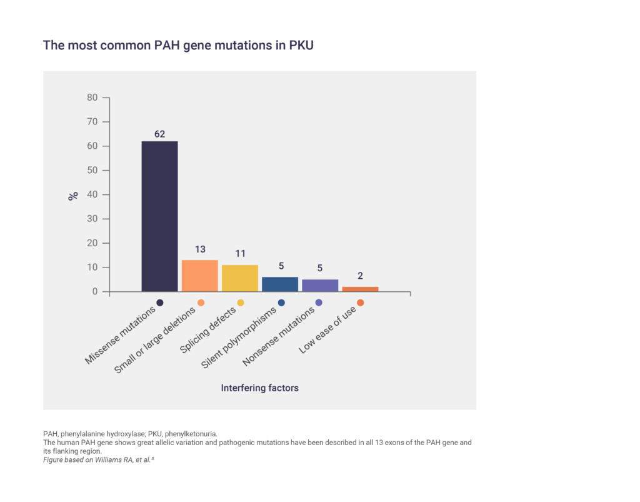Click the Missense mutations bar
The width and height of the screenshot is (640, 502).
159,216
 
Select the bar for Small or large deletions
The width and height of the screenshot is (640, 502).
199,276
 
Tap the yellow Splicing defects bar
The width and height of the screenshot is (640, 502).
239,278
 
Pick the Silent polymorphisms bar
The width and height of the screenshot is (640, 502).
279,284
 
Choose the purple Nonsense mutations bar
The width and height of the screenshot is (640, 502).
319,285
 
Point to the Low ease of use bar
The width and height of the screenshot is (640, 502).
360,289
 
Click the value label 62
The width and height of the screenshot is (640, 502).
159,134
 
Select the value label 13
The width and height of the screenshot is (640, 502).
200,249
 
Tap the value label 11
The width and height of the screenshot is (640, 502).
240,254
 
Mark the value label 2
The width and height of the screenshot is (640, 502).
360,276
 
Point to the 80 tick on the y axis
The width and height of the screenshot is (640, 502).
92,98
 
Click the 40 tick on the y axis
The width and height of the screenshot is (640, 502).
92,194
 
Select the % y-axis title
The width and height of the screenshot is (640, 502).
73,195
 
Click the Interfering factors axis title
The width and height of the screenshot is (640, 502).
259,388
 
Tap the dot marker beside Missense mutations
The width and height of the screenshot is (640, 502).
160,303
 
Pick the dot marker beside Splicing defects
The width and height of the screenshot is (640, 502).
241,303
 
